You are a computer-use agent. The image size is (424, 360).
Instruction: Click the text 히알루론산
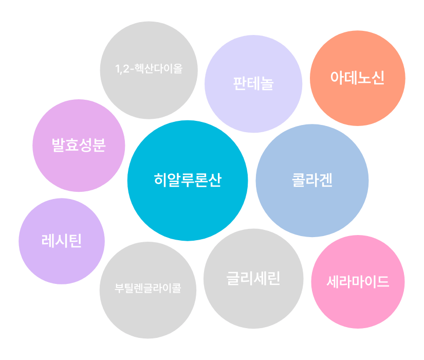click(x=188, y=180)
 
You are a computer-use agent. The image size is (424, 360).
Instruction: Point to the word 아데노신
click(x=358, y=79)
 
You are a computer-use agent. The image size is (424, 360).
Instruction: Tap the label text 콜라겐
click(x=312, y=180)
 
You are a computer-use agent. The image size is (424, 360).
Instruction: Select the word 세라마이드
click(x=358, y=282)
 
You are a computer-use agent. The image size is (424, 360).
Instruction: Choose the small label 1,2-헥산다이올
click(x=149, y=68)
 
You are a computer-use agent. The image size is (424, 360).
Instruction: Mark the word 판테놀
click(x=253, y=84)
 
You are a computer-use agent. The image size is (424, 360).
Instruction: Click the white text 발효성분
click(x=79, y=145)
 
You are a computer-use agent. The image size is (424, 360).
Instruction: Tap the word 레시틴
click(x=62, y=241)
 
